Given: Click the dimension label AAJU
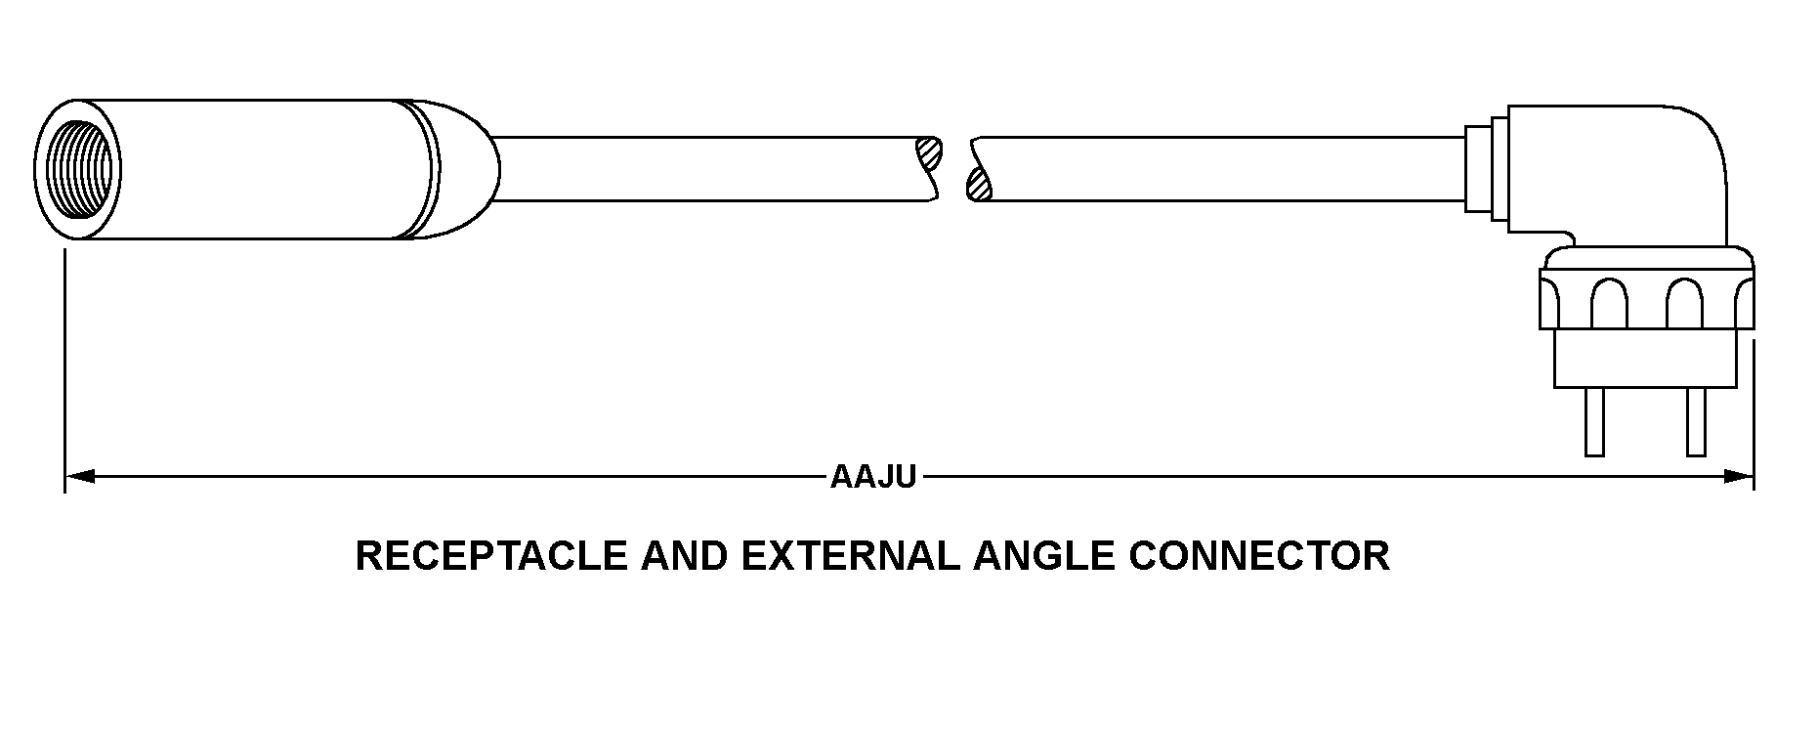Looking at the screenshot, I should click(x=873, y=477).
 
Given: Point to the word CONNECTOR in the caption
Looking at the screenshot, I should click(x=1259, y=556).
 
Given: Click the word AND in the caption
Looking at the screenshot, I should click(x=685, y=556).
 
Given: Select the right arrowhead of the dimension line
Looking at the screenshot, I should click(x=1739, y=477).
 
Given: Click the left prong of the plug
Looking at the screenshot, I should click(x=1594, y=420).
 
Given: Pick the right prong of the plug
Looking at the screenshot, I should click(x=1696, y=420).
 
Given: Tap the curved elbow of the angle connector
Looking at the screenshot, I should click(x=1680, y=156).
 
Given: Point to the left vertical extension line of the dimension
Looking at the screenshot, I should click(x=64, y=371).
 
